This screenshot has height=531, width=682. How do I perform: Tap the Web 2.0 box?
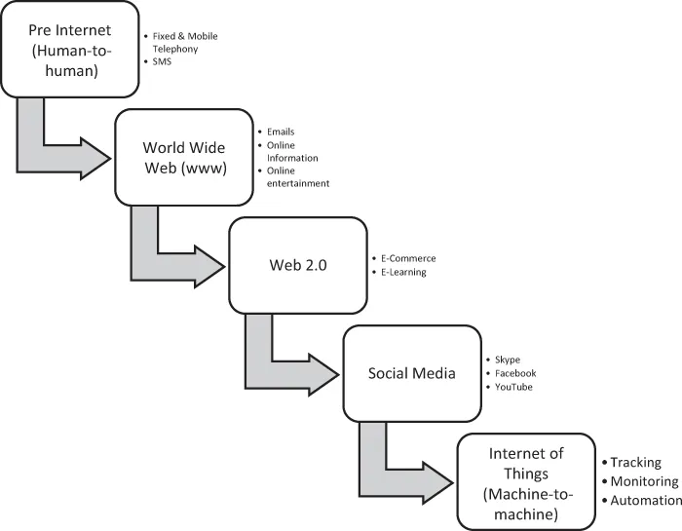(x=296, y=266)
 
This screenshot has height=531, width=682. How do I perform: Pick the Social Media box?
(x=411, y=373)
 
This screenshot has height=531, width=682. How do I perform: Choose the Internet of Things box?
(x=525, y=481)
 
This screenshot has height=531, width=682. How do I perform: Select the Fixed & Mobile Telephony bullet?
(x=185, y=43)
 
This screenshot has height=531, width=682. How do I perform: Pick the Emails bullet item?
(x=280, y=132)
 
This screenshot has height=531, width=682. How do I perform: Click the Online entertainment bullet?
(x=298, y=176)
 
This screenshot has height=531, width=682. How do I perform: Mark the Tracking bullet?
(x=635, y=463)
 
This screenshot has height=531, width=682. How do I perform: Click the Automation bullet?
(x=646, y=500)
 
